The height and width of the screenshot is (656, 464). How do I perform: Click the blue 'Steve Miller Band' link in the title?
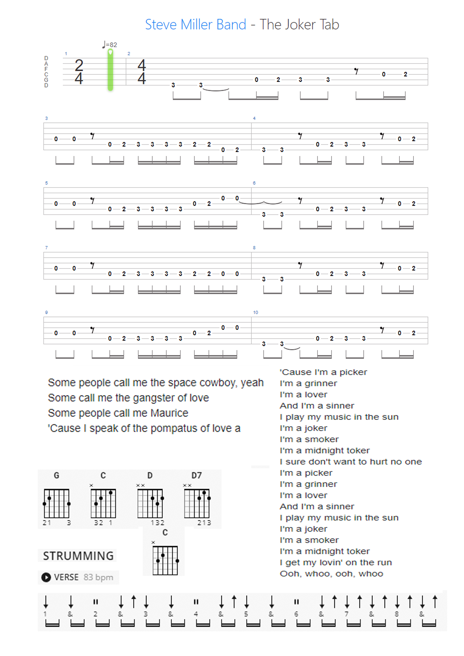point(195,24)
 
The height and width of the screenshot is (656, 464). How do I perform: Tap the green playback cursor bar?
point(110,70)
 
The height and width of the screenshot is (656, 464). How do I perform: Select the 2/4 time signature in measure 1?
point(79,72)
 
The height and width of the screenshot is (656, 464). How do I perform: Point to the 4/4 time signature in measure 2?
point(141,72)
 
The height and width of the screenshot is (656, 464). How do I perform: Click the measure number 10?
point(255,312)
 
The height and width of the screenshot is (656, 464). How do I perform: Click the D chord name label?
point(150,475)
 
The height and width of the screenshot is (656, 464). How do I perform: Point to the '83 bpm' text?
point(98,577)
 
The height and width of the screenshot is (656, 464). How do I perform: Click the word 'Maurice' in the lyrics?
point(169,413)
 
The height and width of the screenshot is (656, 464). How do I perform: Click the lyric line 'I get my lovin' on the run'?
point(336,562)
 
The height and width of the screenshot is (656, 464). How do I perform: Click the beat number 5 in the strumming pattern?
point(246,614)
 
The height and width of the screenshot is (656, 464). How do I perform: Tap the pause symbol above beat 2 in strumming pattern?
point(95,602)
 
